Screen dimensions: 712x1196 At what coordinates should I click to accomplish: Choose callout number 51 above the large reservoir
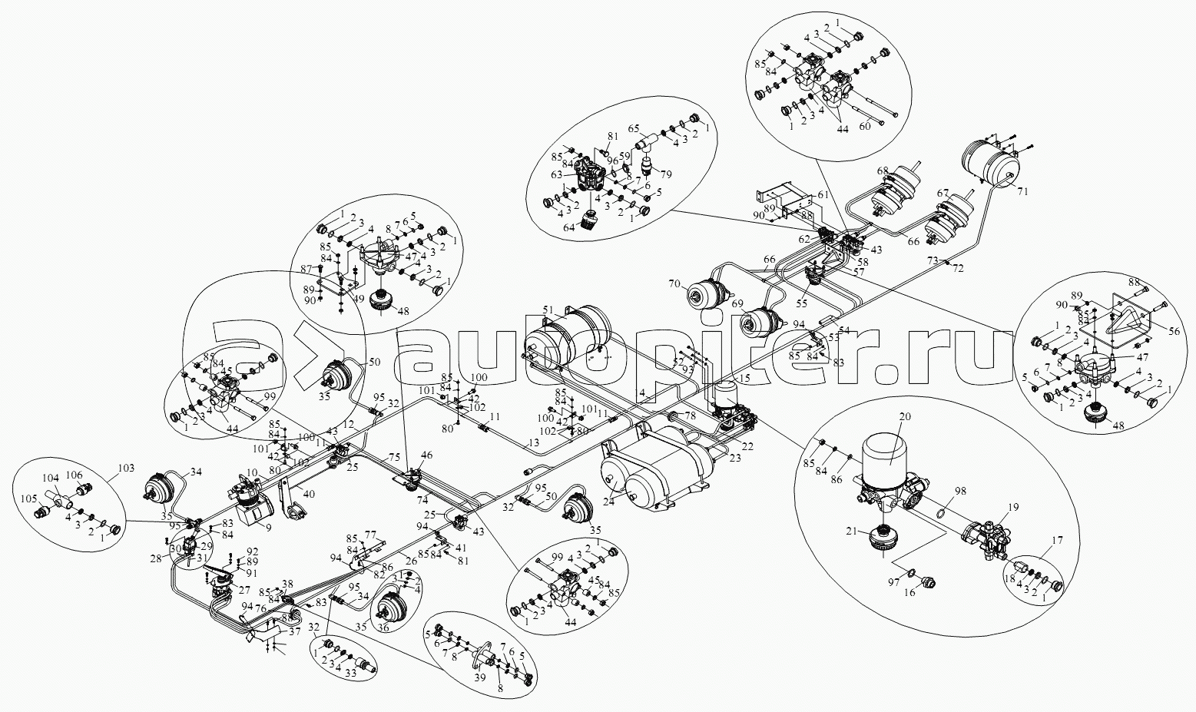click(548, 310)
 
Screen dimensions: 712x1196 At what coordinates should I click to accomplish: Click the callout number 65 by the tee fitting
click(634, 129)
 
